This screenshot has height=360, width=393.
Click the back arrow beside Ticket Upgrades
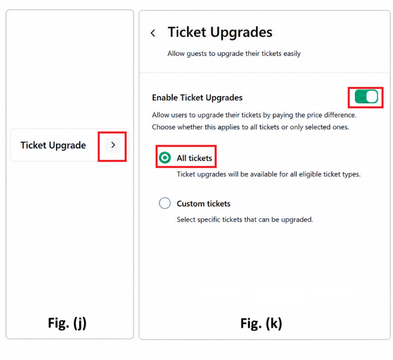point(153,33)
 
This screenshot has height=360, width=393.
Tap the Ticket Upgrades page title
point(220,32)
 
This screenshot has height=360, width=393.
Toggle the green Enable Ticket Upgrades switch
point(366,97)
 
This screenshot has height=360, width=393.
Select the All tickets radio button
point(165,158)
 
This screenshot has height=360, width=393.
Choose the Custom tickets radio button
point(165,203)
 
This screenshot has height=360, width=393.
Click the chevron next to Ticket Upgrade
point(113,145)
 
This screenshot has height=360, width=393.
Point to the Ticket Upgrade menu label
point(53,145)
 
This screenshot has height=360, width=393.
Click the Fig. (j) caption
point(67,323)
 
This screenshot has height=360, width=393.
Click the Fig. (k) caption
point(261,323)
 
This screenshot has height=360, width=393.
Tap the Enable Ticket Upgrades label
point(197,98)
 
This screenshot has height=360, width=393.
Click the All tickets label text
point(194,158)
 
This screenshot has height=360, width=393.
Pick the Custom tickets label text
point(204,204)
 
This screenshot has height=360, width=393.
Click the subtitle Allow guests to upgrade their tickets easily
point(234,54)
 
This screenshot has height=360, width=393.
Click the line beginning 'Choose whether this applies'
point(251,127)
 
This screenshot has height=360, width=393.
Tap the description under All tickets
point(269,174)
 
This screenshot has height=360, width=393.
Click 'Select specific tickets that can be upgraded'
point(245,219)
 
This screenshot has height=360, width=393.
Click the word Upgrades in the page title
point(241,33)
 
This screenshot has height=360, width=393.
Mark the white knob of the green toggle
point(372,97)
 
